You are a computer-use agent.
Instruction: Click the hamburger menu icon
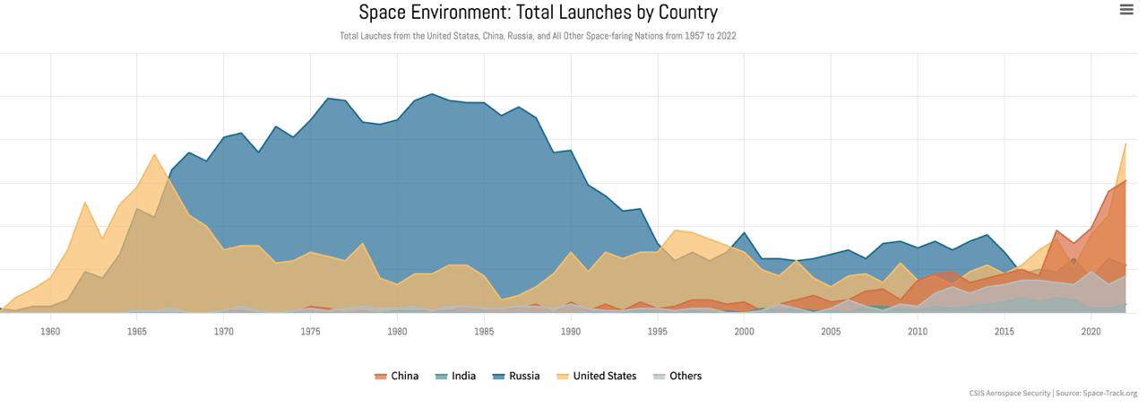tap(1126, 10)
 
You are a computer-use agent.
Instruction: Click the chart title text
tap(538, 13)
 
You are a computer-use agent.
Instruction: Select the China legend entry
tap(396, 376)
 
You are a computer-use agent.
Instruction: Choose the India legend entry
tap(455, 376)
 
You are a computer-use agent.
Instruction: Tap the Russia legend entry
tap(516, 376)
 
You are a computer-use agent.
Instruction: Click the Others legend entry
tap(677, 376)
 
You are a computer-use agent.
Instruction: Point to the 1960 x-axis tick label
tap(50, 332)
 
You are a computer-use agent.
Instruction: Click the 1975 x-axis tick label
tap(310, 332)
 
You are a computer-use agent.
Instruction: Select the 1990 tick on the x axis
tap(571, 332)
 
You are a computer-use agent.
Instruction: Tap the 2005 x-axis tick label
tap(831, 332)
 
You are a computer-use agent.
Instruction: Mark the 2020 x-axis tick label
tap(1091, 332)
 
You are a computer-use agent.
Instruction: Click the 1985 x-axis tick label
tap(484, 332)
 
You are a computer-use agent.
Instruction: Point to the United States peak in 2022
tap(1125, 144)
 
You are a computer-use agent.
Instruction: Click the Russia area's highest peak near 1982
tap(432, 94)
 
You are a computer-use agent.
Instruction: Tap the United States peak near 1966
tap(154, 155)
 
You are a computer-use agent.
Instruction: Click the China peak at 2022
tap(1125, 181)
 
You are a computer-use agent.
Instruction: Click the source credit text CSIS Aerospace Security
tap(1009, 394)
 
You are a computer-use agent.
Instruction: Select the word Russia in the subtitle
tap(520, 36)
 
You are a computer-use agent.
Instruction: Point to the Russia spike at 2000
tap(744, 233)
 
